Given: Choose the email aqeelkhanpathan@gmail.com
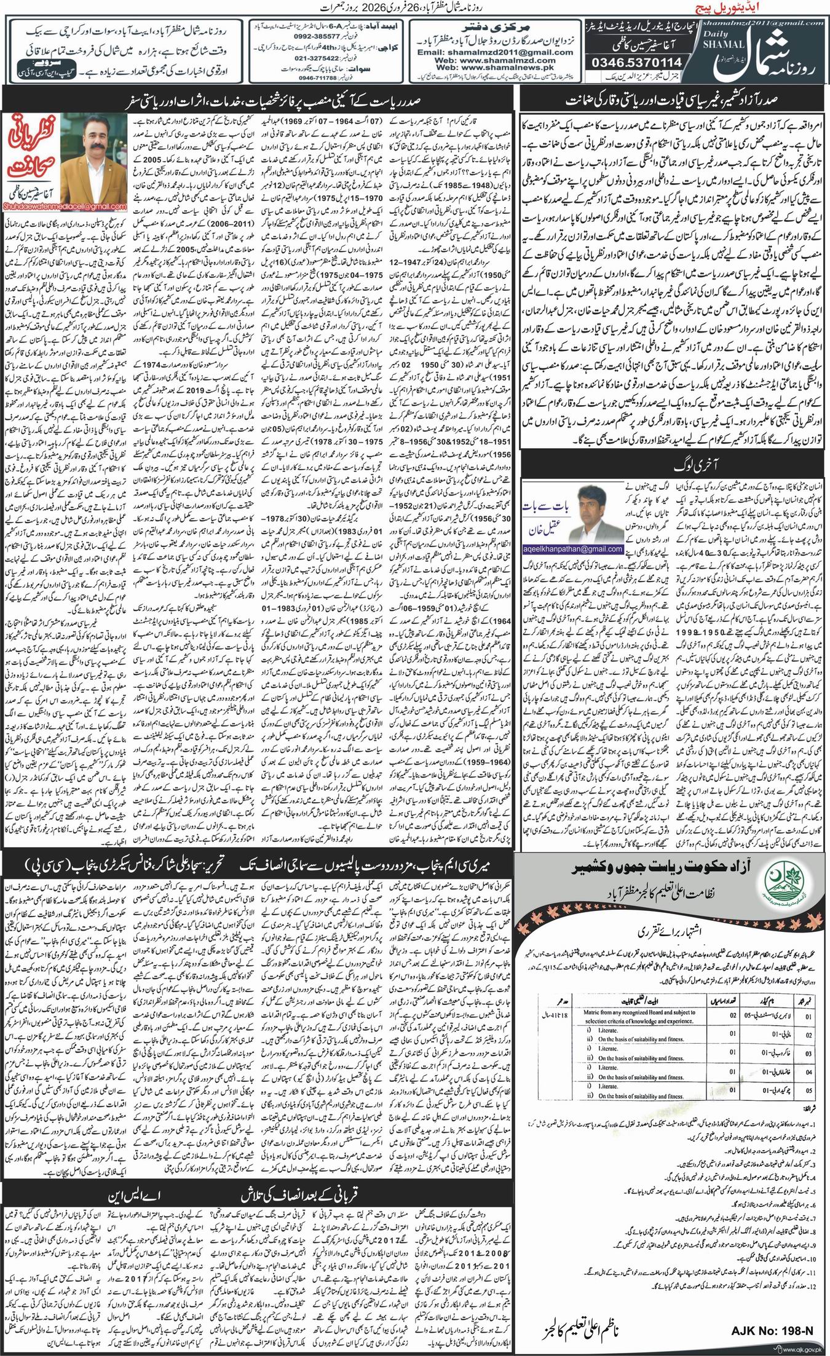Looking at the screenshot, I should coord(572,549).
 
